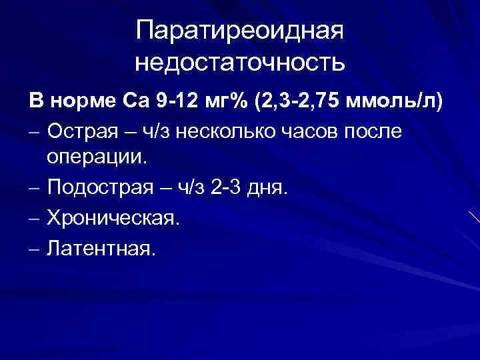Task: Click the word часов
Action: click(x=329, y=131)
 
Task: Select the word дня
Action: click(x=269, y=190)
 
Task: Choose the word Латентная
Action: click(x=101, y=249)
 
